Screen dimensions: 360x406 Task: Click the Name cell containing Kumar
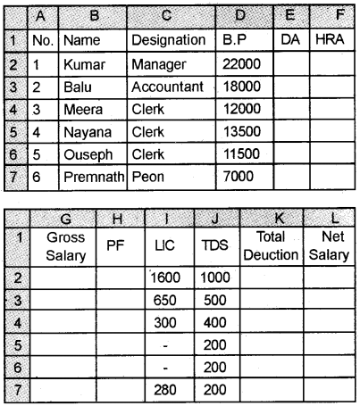coord(81,65)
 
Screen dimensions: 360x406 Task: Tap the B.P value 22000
coord(240,65)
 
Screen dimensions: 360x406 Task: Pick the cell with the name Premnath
coord(91,178)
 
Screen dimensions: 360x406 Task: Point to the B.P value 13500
coord(240,134)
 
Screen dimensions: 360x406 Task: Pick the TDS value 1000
coord(213,277)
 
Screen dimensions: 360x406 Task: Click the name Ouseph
coord(86,156)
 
